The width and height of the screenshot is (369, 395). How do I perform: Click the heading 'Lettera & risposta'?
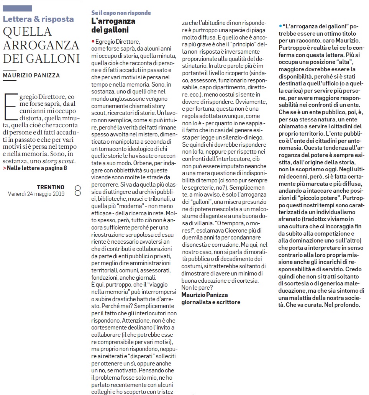tap(38, 19)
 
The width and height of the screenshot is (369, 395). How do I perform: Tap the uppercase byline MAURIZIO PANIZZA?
tap(31, 75)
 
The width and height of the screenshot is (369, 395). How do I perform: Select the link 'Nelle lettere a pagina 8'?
tap(36, 168)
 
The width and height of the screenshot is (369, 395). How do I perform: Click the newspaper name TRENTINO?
tap(51, 187)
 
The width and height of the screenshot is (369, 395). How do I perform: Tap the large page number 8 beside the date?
tap(77, 191)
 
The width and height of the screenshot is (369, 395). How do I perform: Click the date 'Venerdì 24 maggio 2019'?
tap(36, 194)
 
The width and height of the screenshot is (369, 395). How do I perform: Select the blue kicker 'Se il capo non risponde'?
tap(121, 13)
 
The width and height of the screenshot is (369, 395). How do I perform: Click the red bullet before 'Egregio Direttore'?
tap(93, 41)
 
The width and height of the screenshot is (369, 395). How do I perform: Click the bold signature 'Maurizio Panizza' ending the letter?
tap(205, 295)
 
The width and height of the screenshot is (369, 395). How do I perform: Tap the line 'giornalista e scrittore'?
tap(211, 302)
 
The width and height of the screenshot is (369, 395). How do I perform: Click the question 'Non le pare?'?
tap(197, 287)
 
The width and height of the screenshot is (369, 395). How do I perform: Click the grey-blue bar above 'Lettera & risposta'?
tap(17, 8)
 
